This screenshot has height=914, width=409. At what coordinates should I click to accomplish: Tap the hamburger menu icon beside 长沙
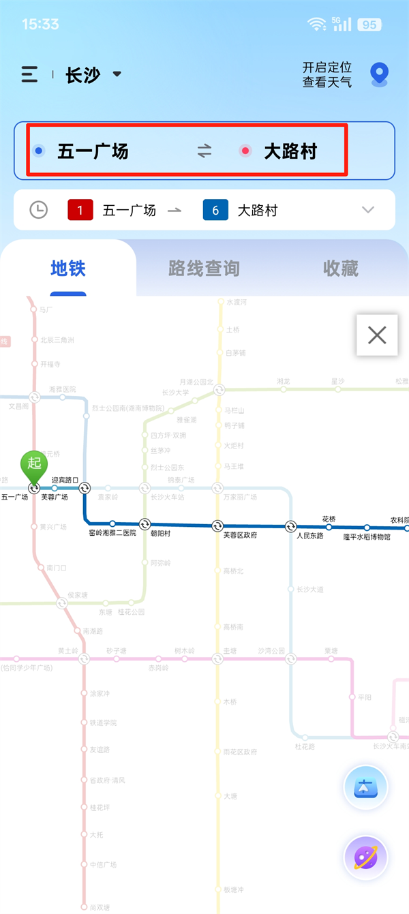click(x=29, y=74)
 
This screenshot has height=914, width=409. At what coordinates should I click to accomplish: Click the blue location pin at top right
click(x=378, y=74)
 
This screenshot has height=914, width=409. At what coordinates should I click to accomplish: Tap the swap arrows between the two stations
click(x=204, y=151)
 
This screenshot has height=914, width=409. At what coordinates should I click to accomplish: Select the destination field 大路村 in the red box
click(x=290, y=151)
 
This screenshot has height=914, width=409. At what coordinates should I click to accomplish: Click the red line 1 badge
click(x=80, y=210)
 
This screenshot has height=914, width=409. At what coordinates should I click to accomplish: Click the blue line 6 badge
click(x=215, y=210)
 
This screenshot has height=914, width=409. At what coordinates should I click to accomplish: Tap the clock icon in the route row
click(x=39, y=210)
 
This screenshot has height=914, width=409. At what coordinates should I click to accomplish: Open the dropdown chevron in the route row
click(x=368, y=210)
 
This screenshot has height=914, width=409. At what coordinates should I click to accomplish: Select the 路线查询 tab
click(x=204, y=269)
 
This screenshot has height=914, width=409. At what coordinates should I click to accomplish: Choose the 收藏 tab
click(x=340, y=269)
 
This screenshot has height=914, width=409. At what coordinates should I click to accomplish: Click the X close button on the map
click(x=377, y=335)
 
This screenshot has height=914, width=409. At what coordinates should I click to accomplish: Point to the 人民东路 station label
click(x=309, y=536)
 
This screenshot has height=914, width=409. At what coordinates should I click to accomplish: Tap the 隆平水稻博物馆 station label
click(x=367, y=537)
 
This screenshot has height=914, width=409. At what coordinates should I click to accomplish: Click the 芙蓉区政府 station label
click(x=241, y=536)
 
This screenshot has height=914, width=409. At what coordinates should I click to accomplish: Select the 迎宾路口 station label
click(x=65, y=480)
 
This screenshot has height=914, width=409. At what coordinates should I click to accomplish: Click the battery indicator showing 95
click(x=369, y=25)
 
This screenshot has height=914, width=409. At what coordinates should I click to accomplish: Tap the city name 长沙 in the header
click(x=82, y=75)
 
